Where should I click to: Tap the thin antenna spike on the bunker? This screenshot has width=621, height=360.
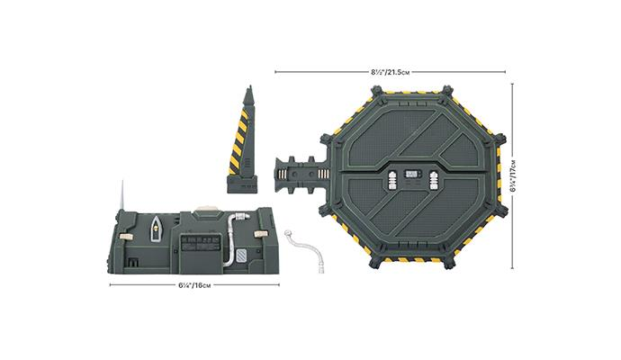point(120,197)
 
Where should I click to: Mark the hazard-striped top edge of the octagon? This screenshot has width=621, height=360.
point(410,87)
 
